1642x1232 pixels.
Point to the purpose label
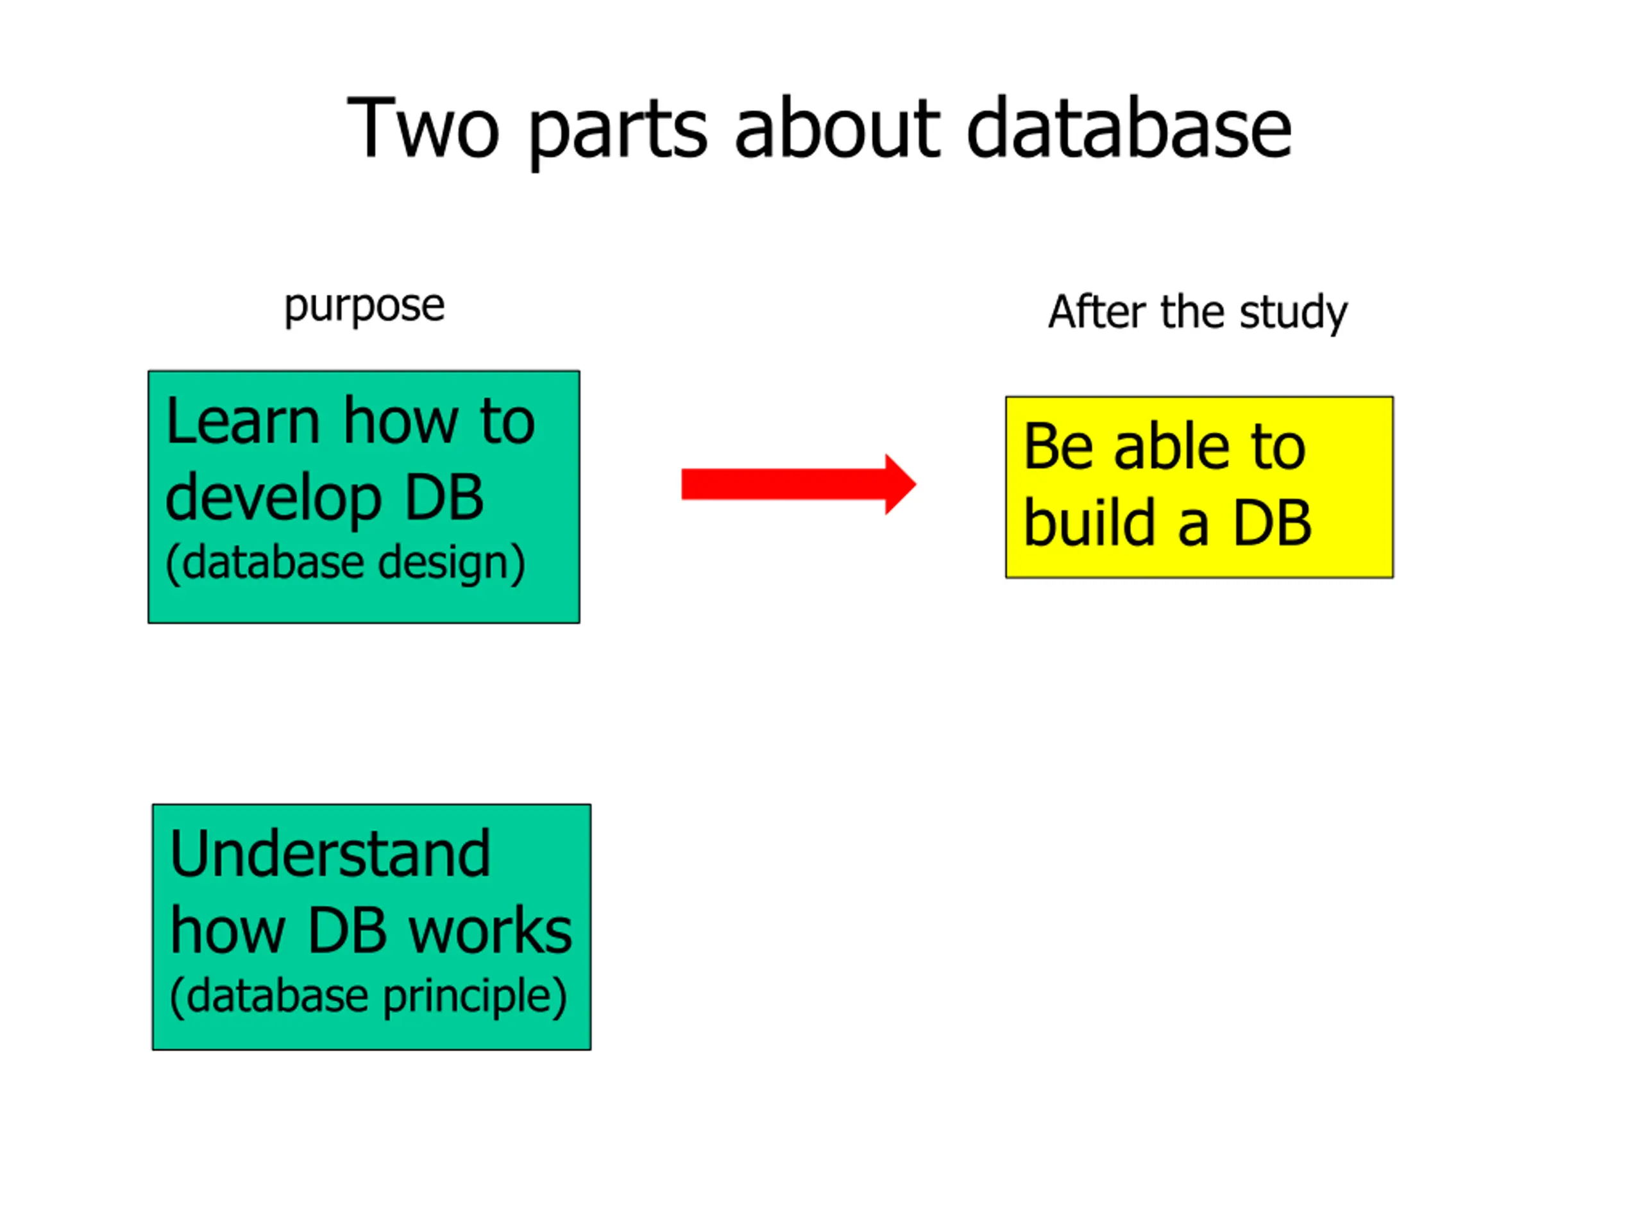[364, 307]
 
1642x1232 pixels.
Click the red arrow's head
[899, 484]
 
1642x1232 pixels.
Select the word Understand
[330, 854]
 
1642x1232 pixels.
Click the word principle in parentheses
[475, 997]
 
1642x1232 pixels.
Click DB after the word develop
[443, 497]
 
